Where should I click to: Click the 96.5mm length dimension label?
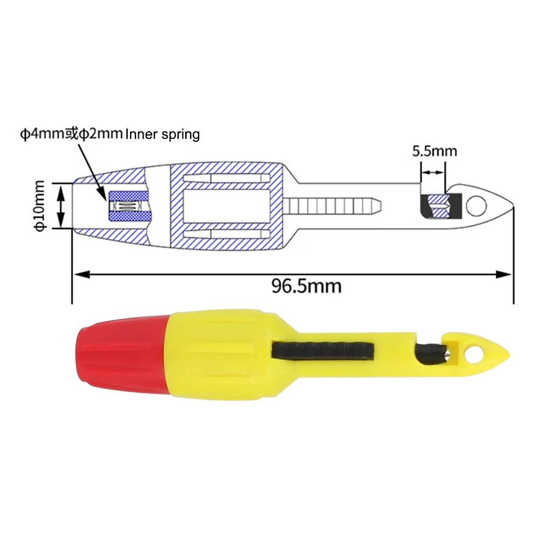(x=306, y=285)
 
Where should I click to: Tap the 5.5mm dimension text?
(x=434, y=151)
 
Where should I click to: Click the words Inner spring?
(x=163, y=134)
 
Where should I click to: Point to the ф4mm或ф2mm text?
(x=71, y=134)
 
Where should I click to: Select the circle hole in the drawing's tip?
(x=476, y=205)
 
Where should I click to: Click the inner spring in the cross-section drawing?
(x=129, y=205)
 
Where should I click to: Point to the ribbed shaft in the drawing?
(x=332, y=205)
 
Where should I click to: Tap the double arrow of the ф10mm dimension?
(x=61, y=206)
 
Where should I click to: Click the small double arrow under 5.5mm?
(x=433, y=173)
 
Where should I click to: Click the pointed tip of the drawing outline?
(x=512, y=206)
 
